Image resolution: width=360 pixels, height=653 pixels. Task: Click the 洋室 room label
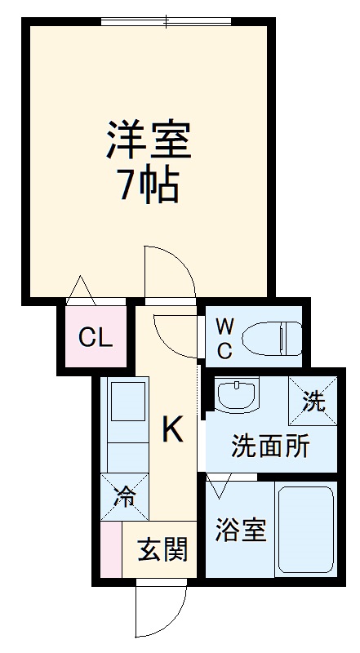(x=148, y=140)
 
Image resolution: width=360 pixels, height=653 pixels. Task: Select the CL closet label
(x=95, y=337)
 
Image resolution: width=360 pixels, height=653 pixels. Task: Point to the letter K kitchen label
(x=171, y=429)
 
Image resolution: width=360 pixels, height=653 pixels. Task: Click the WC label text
(x=224, y=338)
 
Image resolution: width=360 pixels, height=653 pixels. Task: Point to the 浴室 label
(x=240, y=531)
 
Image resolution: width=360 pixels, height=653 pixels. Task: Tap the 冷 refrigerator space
(x=123, y=496)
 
